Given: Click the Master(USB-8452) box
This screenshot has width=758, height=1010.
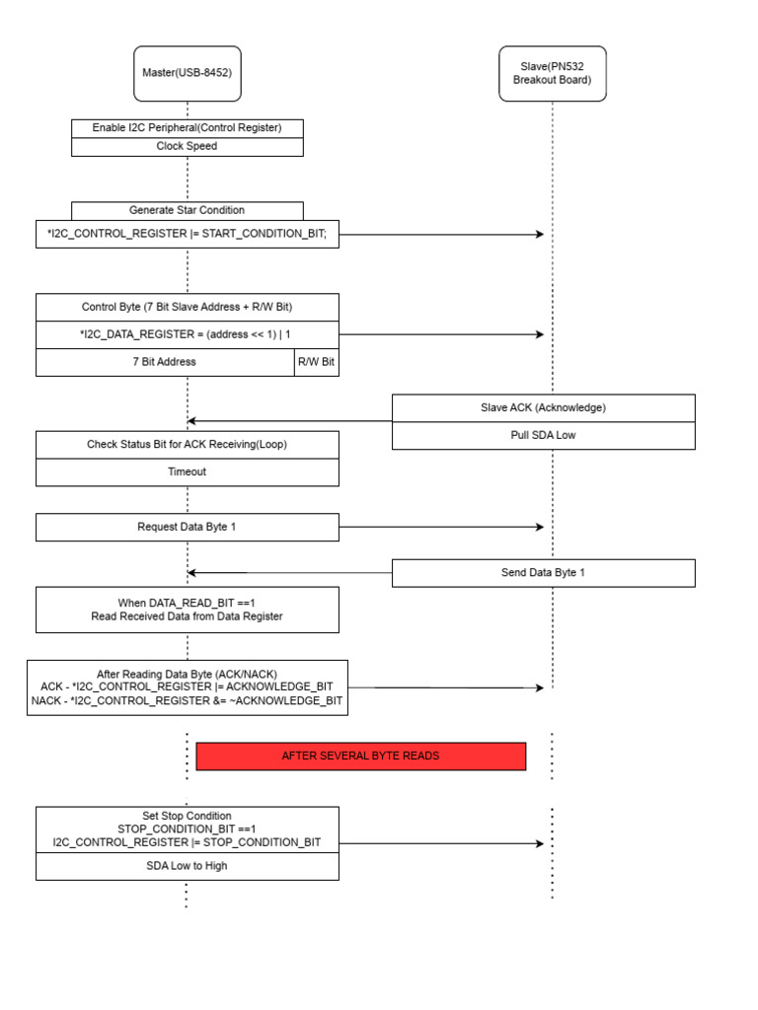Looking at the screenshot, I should pos(188,73).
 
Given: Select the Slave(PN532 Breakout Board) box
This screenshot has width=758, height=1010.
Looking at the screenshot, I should pos(552,73).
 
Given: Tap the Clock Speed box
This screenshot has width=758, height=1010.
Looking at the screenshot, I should pos(187,147).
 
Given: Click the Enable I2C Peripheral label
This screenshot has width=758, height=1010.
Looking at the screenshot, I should pos(187,128).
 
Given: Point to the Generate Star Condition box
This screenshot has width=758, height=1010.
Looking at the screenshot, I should pos(187,210).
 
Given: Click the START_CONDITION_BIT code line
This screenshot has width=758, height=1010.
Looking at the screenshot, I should pos(187,234).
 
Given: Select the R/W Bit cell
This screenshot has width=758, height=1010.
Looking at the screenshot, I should pos(316,362).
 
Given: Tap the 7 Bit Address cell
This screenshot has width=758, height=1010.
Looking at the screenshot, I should pos(165,362).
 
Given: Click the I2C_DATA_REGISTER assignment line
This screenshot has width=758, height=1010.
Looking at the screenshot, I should pos(187,334).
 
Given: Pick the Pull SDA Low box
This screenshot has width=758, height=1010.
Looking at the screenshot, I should pos(543,435).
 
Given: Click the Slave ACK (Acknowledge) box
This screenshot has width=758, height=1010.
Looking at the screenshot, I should pos(543,407).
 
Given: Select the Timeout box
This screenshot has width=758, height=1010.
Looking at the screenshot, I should pos(187,472).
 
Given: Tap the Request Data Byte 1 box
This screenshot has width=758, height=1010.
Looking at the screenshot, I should pos(187,527).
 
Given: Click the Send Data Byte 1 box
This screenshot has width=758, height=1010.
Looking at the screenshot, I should pos(543,573).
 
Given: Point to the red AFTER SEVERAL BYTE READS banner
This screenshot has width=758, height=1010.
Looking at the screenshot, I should pos(360,757).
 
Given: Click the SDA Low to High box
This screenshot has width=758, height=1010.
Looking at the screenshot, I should pos(187,866).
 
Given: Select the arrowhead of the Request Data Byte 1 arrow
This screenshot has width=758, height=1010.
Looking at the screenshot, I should pos(540,527).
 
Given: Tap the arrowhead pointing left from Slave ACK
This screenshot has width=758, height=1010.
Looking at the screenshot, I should pos(192,421).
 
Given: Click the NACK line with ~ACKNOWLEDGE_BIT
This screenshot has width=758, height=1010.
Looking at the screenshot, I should pos(187,700).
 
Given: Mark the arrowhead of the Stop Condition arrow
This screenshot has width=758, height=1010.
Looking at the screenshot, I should pos(540,843).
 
